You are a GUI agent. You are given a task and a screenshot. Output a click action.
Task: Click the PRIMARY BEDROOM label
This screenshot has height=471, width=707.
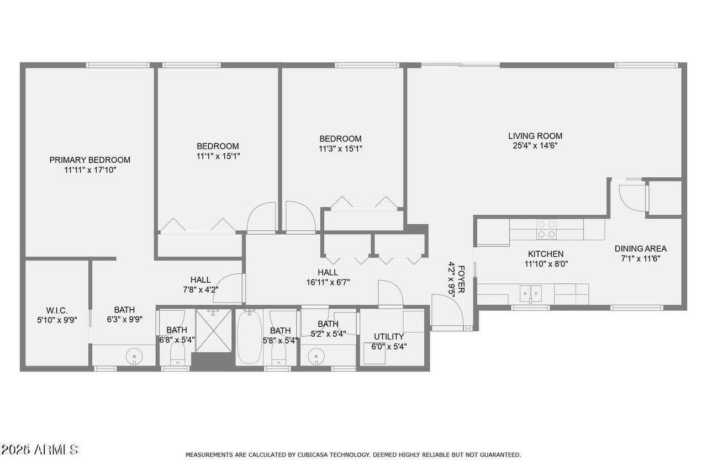(90, 160)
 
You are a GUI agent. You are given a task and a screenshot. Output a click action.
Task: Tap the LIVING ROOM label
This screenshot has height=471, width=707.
(535, 136)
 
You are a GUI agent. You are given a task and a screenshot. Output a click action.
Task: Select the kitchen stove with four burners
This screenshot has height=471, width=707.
(546, 229)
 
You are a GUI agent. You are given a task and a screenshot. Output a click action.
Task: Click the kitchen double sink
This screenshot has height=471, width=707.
(531, 293)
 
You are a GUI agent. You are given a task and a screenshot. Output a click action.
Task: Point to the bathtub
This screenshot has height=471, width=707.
(249, 336)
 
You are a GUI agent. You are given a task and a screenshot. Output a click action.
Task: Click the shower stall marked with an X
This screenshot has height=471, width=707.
(214, 330)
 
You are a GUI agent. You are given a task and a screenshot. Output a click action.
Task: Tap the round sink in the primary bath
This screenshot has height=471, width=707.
(134, 357)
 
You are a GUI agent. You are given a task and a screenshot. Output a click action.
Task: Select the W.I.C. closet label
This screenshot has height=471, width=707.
(57, 310)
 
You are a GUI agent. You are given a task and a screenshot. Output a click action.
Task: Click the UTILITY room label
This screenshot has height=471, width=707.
(388, 337)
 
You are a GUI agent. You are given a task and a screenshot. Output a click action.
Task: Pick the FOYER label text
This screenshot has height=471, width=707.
(461, 279)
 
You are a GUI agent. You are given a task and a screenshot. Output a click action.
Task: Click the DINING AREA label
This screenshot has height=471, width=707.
(640, 248)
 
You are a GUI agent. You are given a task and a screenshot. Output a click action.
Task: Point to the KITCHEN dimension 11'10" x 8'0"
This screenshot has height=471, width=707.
(546, 264)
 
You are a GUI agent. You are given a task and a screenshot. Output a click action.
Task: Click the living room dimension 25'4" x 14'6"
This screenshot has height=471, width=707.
(535, 146)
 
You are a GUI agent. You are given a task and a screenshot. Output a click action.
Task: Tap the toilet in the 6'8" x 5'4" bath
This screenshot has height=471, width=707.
(177, 353)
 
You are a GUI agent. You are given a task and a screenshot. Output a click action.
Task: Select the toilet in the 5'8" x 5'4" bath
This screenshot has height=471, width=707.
(279, 353)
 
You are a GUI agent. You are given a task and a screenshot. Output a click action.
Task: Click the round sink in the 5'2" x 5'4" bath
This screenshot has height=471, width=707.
(316, 357)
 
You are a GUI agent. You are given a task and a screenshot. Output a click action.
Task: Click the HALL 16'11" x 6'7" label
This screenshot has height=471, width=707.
(328, 277)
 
